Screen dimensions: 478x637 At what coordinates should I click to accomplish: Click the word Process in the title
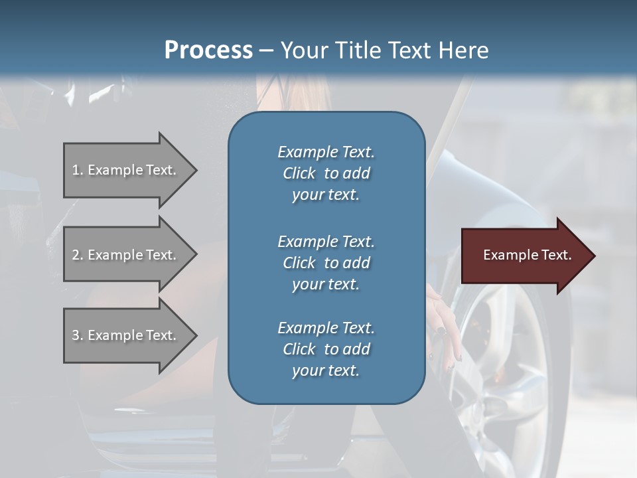point(208,50)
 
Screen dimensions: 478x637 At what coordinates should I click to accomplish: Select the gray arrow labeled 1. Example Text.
point(126,170)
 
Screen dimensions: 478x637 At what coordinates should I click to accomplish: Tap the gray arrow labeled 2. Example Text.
point(126,255)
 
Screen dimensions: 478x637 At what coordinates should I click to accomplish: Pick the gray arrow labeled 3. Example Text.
point(126,335)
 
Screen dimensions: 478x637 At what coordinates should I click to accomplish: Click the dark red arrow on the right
point(524,256)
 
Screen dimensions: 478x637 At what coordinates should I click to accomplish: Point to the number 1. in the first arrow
point(78,170)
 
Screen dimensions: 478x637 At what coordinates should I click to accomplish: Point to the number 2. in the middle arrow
point(78,255)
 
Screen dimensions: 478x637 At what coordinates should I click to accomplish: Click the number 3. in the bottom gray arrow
point(78,335)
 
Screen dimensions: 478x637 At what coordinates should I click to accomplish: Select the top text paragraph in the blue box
point(326,173)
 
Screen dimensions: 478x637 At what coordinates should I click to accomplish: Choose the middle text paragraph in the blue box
point(326,262)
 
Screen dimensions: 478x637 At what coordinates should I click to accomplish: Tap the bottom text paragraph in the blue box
point(326,349)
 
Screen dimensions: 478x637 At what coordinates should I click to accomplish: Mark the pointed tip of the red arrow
point(594,256)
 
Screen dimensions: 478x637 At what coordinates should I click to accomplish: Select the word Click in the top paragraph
point(299,173)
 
